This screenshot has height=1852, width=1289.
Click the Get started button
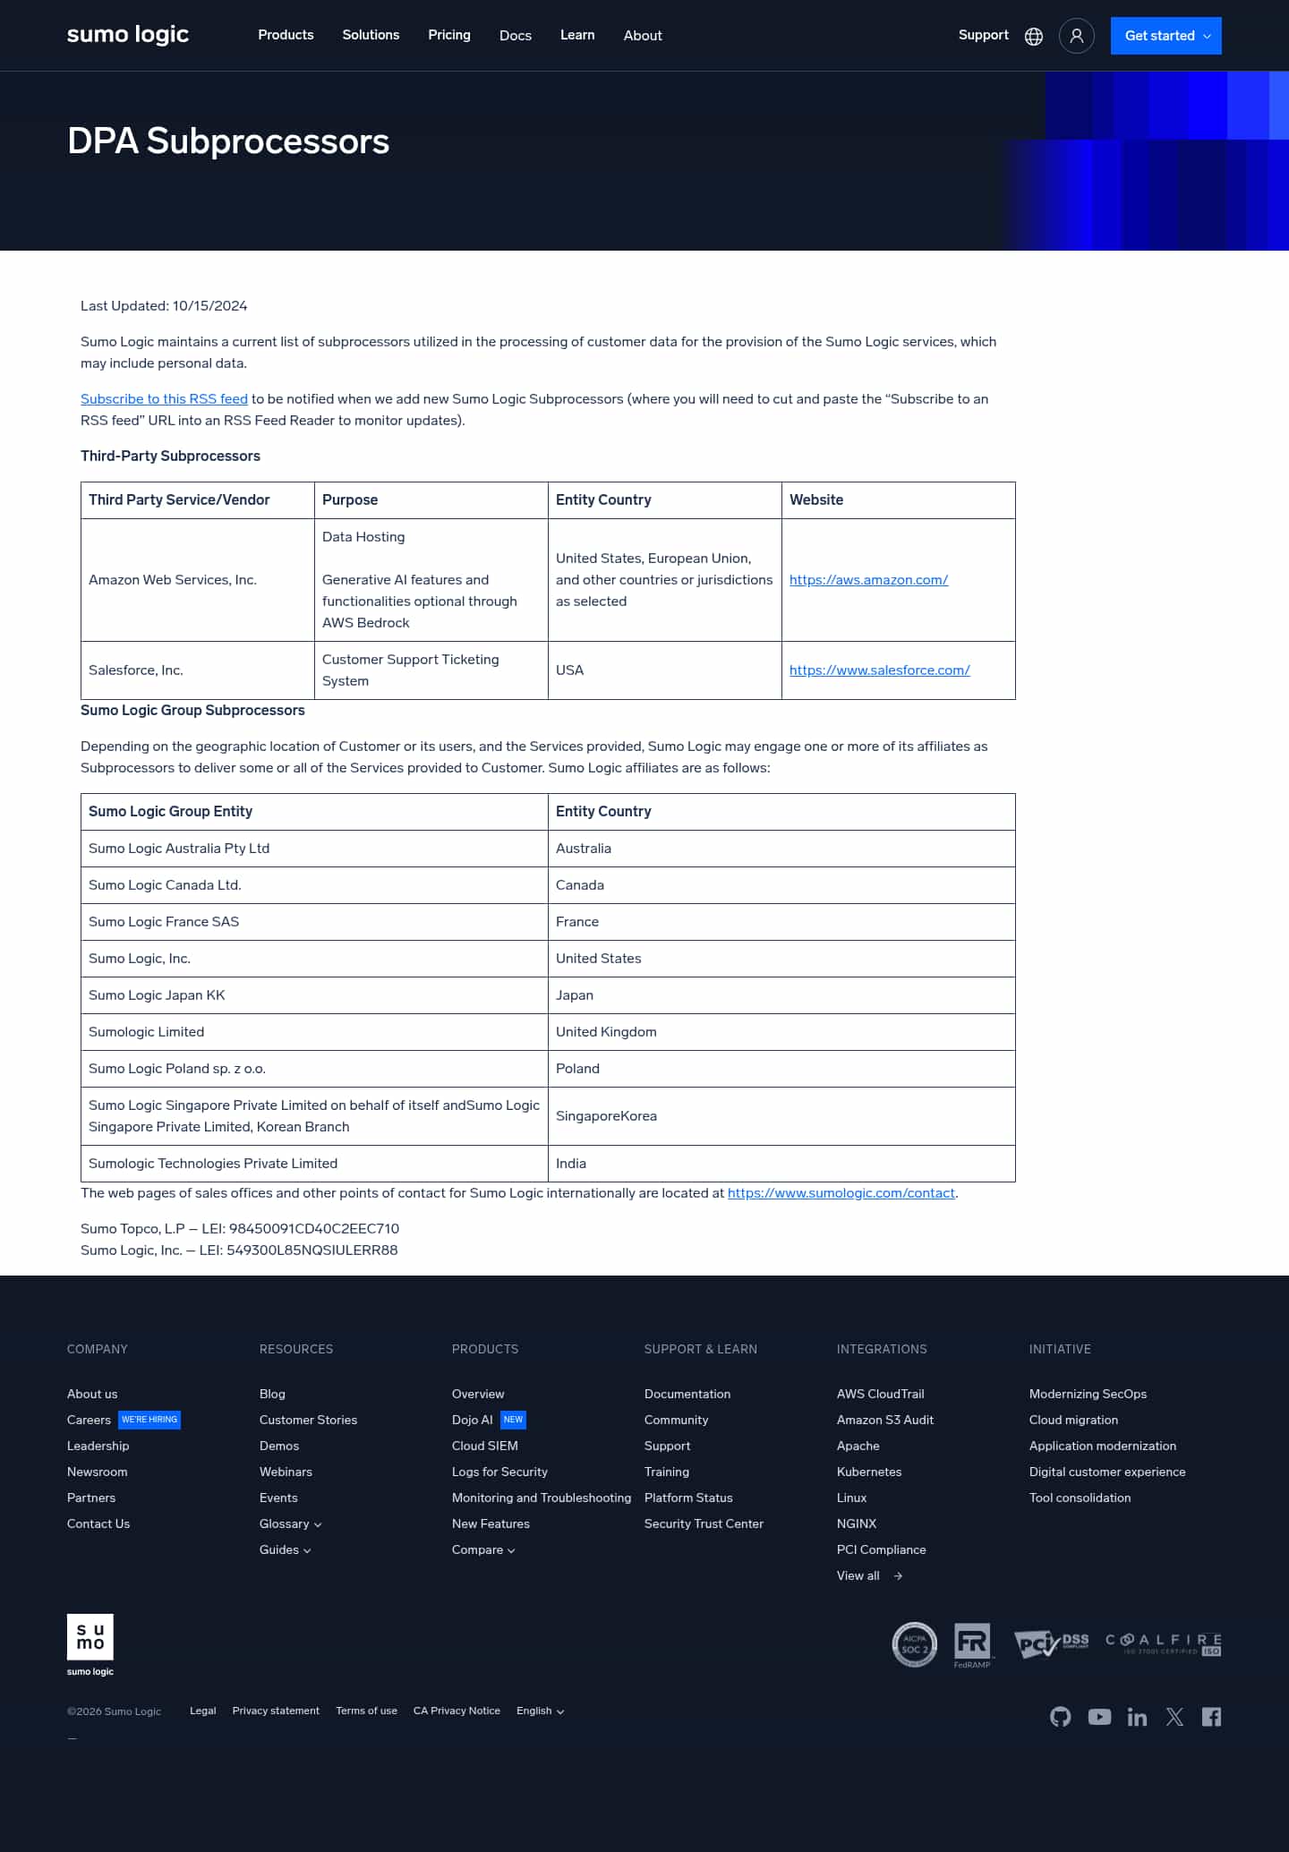coord(1165,36)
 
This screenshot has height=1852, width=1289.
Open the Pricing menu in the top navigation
coord(448,35)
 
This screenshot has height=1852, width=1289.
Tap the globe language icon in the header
coord(1033,36)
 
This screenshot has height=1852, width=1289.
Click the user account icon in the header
coord(1076,36)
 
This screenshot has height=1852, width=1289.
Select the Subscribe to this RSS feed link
coord(164,399)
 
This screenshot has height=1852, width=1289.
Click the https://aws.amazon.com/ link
coord(868,580)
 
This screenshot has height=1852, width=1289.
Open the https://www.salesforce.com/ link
coord(879,670)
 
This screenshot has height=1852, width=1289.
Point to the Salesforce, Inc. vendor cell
coord(136,670)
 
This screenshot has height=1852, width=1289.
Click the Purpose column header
coord(350,500)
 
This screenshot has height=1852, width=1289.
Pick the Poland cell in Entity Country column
coord(577,1069)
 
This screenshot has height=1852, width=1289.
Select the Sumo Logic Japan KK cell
coord(157,995)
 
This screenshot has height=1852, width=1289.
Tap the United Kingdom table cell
coord(606,1032)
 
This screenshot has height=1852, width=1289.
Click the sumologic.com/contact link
coord(841,1193)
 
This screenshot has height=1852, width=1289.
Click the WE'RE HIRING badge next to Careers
coord(149,1420)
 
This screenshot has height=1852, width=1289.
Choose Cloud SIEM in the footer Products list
coord(484,1446)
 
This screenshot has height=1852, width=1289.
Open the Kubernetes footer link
coord(868,1472)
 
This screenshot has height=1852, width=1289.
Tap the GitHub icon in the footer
coord(1060,1716)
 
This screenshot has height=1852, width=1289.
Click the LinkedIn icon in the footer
coord(1137,1716)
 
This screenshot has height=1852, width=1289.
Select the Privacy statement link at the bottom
coord(276,1711)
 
